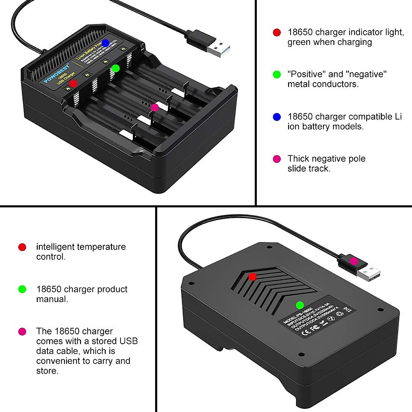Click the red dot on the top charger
(x=73, y=83)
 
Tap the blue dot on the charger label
(x=105, y=43)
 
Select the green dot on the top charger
(x=116, y=68)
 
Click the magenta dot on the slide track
(x=155, y=107)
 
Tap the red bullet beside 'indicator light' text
(x=277, y=33)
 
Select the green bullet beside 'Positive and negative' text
(x=277, y=75)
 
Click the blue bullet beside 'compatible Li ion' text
(x=277, y=117)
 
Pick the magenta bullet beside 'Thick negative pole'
(x=277, y=159)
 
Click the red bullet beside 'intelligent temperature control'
(x=22, y=247)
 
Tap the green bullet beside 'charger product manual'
(x=22, y=289)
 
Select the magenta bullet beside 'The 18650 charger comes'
(x=22, y=332)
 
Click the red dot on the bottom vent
(x=252, y=277)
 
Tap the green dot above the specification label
(x=300, y=305)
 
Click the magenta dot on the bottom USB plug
(x=354, y=261)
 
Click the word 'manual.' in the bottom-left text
(x=52, y=299)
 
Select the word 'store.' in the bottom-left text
(x=47, y=371)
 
